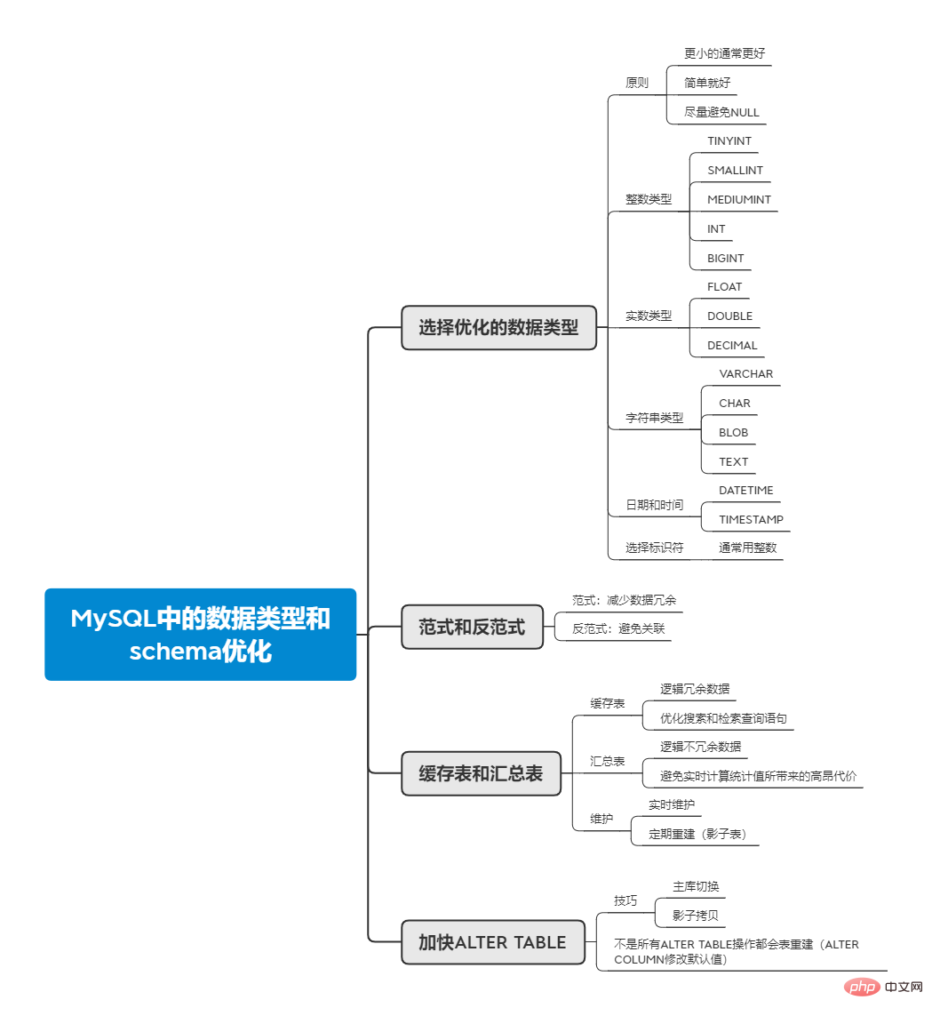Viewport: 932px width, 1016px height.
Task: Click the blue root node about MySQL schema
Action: tap(200, 634)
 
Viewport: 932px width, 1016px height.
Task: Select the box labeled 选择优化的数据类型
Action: tap(498, 327)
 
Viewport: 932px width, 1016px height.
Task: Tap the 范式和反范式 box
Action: tap(472, 627)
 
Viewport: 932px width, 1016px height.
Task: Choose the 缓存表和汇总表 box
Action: tap(481, 773)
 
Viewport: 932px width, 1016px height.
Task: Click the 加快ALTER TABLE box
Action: tap(492, 942)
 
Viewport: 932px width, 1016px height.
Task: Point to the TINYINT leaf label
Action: tap(729, 140)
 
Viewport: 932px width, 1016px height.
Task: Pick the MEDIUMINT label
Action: tap(739, 199)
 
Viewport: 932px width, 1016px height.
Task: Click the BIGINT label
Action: tap(726, 258)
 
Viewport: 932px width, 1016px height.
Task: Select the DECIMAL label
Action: tap(732, 345)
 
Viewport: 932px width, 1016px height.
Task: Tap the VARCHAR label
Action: tap(746, 373)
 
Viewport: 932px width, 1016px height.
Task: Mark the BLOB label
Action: tap(734, 432)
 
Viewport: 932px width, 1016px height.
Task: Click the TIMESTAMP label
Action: tap(751, 519)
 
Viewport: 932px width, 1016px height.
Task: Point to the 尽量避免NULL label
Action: tap(721, 112)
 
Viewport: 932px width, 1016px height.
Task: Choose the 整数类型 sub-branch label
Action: tap(649, 199)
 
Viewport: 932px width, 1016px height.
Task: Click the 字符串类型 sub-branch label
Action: tap(655, 417)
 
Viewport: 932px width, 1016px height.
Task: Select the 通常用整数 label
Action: tap(747, 548)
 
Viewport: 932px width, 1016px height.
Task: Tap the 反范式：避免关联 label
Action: tap(618, 628)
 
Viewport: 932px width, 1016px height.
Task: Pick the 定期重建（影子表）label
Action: tap(697, 834)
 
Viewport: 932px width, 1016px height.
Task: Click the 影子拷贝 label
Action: tap(696, 915)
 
